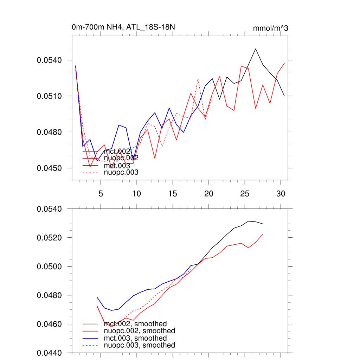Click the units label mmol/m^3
(x=270, y=28)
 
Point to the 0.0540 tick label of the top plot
(x=49, y=60)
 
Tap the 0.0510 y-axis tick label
(x=49, y=96)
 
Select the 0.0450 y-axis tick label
(x=49, y=168)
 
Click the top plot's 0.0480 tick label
(x=49, y=132)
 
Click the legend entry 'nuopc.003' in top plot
(x=121, y=173)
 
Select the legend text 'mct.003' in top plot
(x=117, y=165)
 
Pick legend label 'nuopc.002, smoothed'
(x=140, y=331)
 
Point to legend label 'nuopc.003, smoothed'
(x=140, y=345)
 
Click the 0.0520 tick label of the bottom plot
(x=49, y=238)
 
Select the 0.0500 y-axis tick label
(x=49, y=266)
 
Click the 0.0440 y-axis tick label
(x=49, y=353)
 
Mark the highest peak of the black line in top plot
(x=256, y=49)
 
